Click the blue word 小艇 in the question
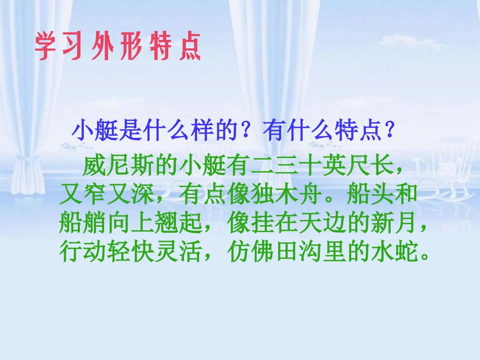pyautogui.click(x=92, y=132)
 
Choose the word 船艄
pyautogui.click(x=82, y=222)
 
